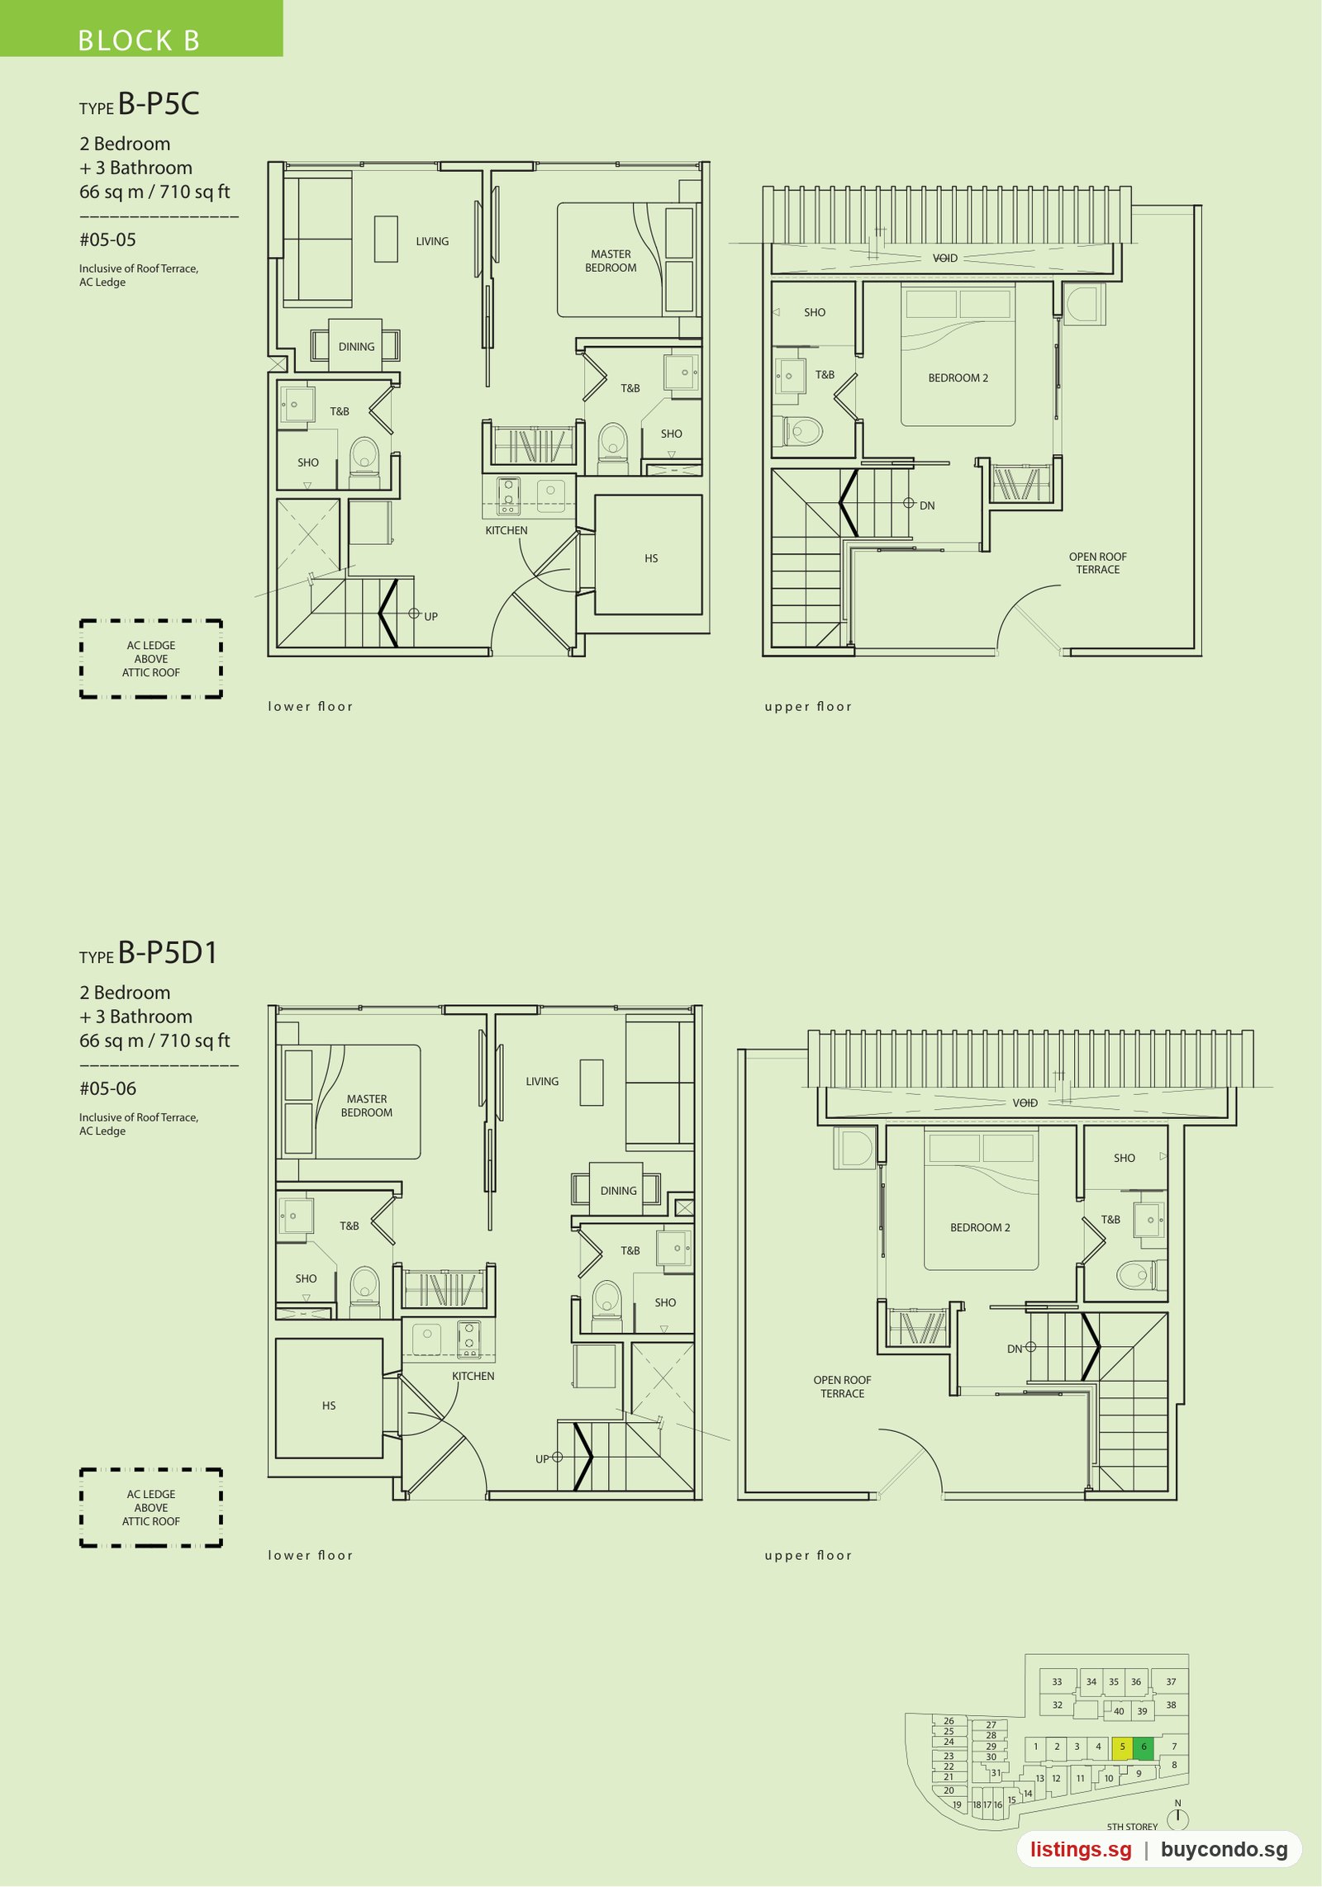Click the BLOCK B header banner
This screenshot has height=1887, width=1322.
coord(140,28)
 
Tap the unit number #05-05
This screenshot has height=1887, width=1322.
coord(107,240)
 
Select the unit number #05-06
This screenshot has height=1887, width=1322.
coord(107,1089)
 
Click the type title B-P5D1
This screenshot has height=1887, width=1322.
coord(168,953)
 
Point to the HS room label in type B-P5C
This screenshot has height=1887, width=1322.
coord(651,559)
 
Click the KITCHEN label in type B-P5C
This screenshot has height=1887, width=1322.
coord(506,531)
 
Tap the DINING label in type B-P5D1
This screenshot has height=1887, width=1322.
coord(619,1191)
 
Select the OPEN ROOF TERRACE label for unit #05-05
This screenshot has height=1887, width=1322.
coord(1098,563)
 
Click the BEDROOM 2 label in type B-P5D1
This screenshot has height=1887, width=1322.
coord(980,1228)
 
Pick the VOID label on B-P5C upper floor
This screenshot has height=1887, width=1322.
coord(945,258)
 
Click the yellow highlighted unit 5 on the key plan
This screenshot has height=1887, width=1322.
coord(1122,1747)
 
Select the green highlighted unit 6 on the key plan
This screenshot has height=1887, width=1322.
coord(1144,1747)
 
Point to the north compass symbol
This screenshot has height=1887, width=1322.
coord(1177,1816)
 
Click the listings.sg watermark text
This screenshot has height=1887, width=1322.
coord(1081,1850)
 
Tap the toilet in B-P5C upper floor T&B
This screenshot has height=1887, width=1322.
coord(802,431)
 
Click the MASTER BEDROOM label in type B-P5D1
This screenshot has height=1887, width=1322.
coord(367,1106)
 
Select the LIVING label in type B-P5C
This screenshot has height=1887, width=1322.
coord(432,242)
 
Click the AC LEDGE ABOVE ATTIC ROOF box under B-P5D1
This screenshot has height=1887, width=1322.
coord(151,1508)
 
